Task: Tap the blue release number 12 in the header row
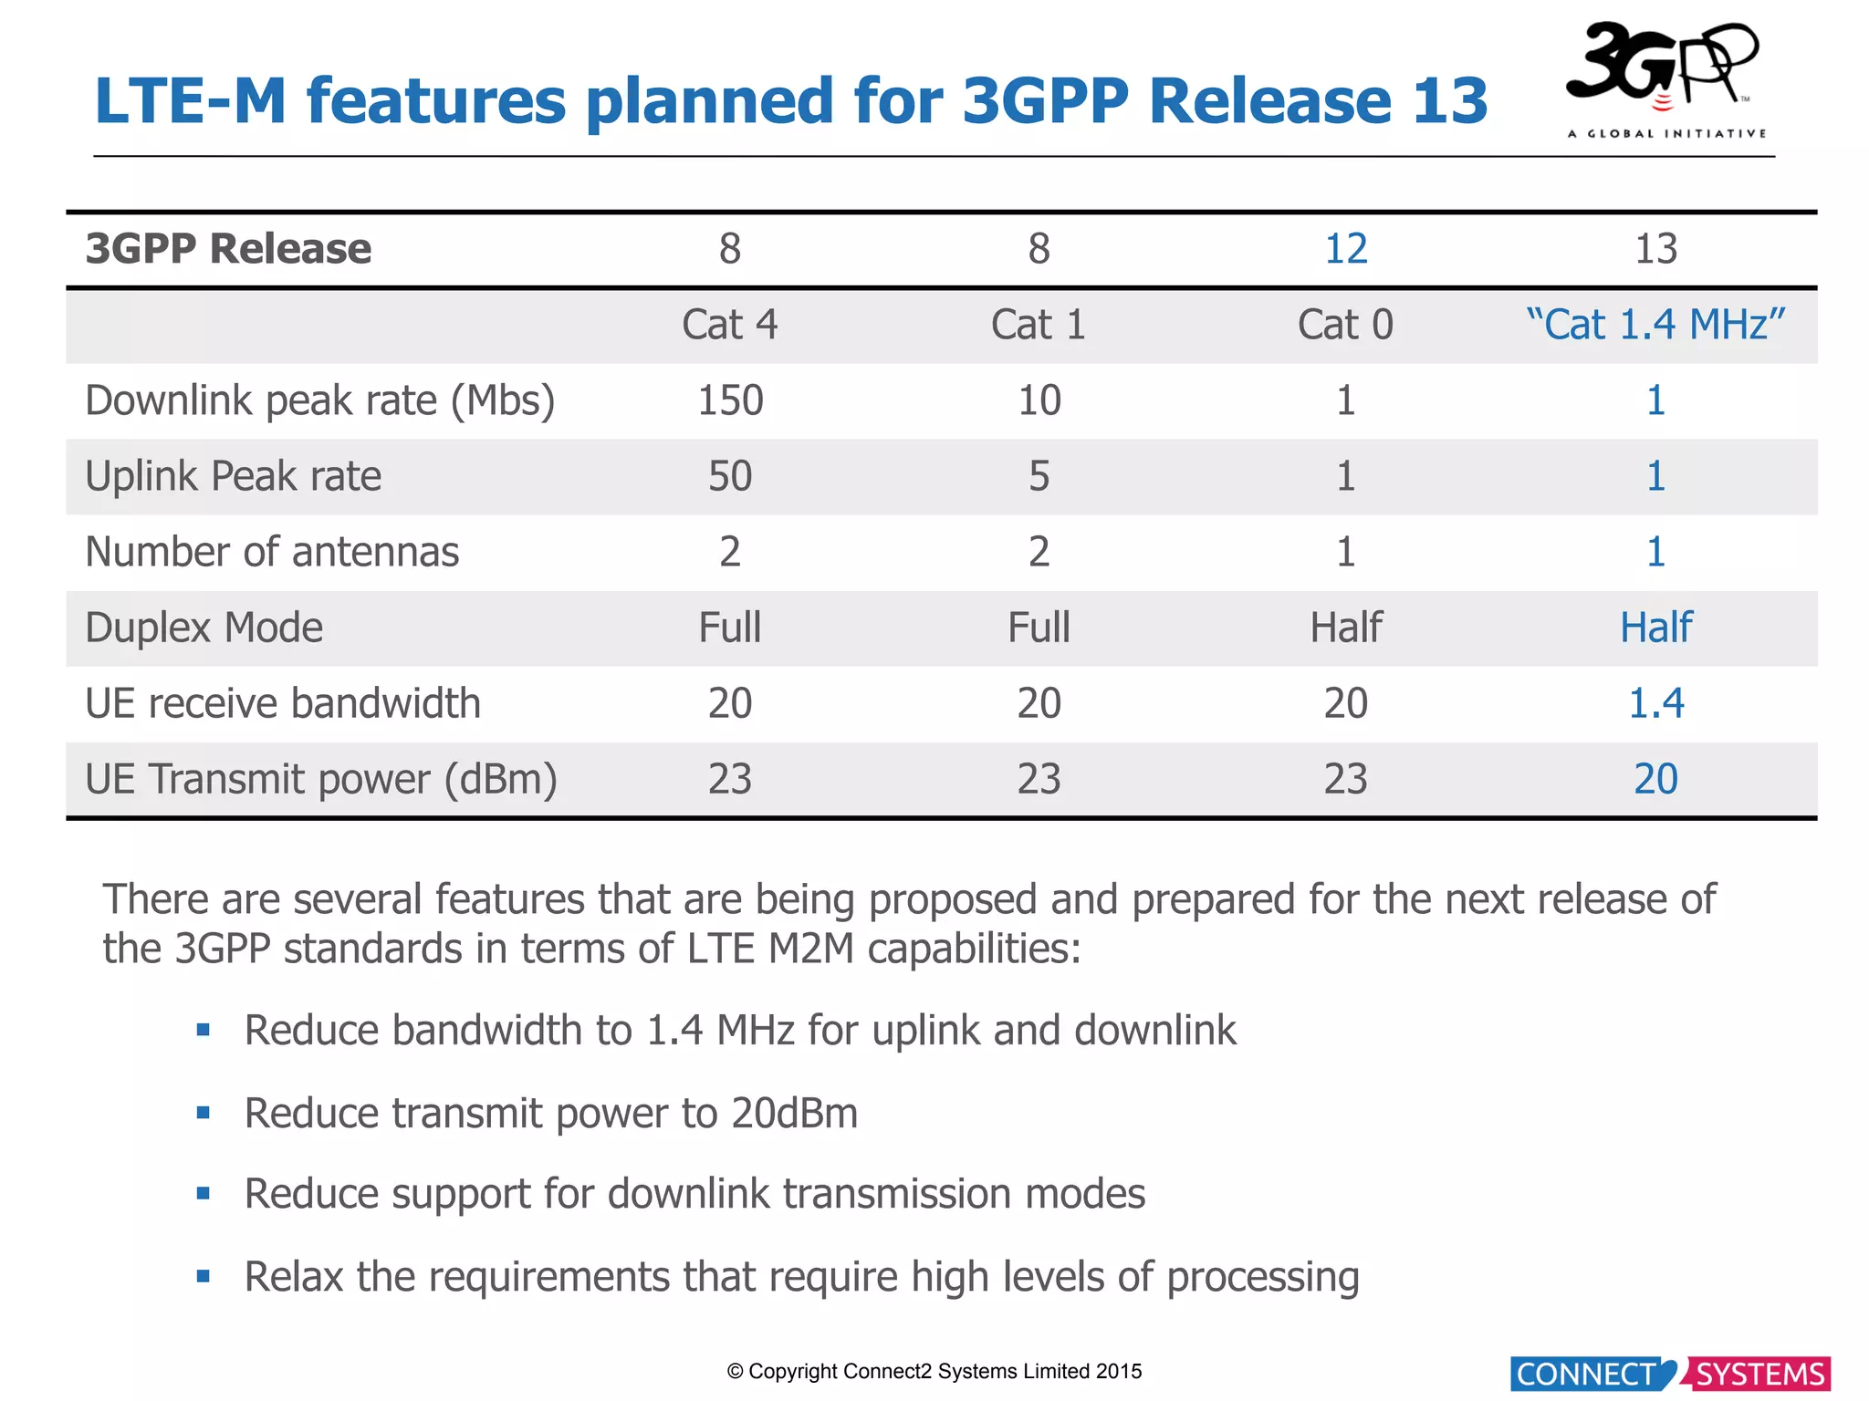click(x=1345, y=249)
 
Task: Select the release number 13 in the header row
click(x=1655, y=249)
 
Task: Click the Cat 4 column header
click(x=729, y=325)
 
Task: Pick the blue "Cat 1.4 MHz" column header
click(x=1655, y=325)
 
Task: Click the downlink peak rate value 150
click(x=729, y=400)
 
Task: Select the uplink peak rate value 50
click(x=729, y=476)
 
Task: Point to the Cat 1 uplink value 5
click(x=1039, y=476)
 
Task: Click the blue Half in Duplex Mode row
click(x=1655, y=628)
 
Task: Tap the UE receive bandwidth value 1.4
click(x=1655, y=703)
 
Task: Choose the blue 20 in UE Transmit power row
click(x=1655, y=779)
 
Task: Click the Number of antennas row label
click(x=272, y=552)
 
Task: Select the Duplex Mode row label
click(x=204, y=628)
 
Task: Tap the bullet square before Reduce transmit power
click(x=204, y=1113)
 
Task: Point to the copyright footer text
click(x=934, y=1371)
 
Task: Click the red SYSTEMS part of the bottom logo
click(x=1759, y=1374)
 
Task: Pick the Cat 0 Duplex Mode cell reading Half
click(x=1345, y=628)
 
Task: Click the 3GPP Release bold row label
click(x=228, y=249)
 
